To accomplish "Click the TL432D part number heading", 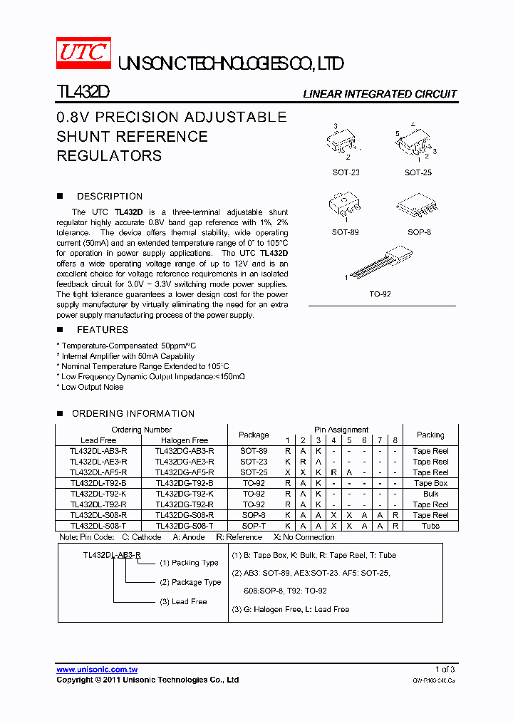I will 82,93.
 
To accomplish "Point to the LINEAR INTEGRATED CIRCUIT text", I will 380,94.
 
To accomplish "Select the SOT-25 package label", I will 418,172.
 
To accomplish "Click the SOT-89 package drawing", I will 345,205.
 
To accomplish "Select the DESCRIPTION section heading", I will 110,196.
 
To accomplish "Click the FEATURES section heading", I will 103,330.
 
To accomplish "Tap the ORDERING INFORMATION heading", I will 133,413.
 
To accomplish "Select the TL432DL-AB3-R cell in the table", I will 98,451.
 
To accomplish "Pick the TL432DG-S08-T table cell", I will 184,526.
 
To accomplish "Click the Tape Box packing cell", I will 430,483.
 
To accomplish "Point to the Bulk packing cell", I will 430,494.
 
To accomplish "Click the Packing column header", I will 430,435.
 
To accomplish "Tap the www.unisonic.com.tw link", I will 97,670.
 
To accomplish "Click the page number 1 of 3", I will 445,670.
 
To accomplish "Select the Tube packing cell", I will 430,526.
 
